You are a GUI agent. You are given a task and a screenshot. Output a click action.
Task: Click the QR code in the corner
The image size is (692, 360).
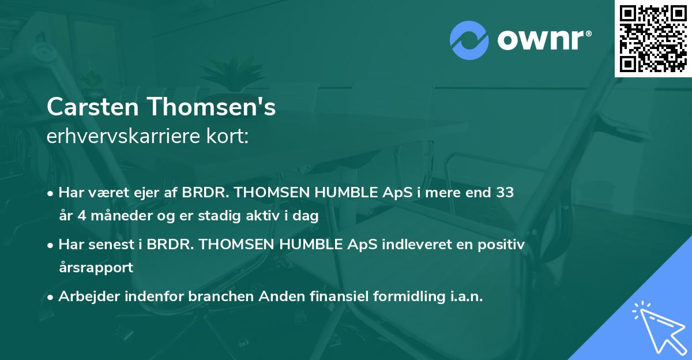point(653,39)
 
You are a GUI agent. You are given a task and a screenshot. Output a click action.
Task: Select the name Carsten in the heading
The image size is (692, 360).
point(95,107)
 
